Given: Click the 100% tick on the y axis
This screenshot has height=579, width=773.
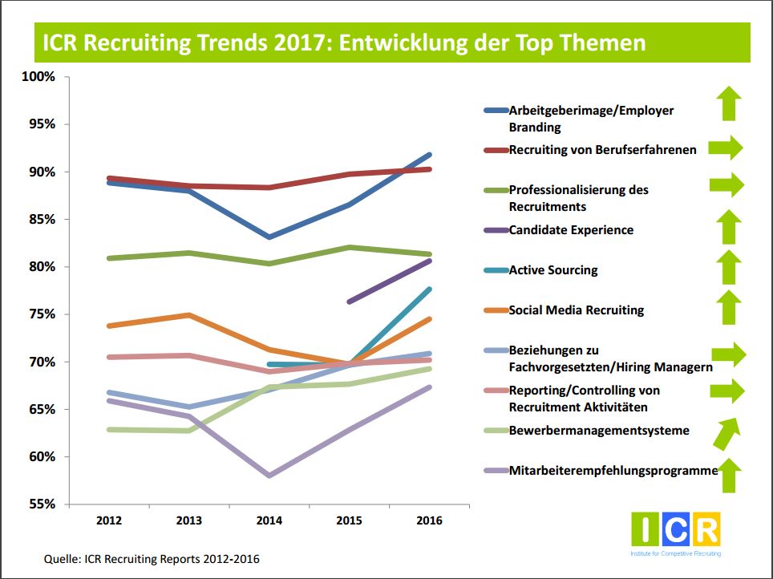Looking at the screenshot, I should [x=40, y=77].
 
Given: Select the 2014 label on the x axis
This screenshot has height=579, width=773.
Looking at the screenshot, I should [x=269, y=520].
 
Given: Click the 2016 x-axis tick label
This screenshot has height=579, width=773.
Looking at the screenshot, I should [x=430, y=520].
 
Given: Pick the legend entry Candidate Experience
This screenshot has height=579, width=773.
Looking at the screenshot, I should [x=571, y=230].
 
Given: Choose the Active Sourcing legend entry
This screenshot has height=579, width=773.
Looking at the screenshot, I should [x=553, y=270].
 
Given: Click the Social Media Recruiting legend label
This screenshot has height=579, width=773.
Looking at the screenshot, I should [x=577, y=310].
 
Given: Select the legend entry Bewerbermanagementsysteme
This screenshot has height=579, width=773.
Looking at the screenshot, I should [x=599, y=431].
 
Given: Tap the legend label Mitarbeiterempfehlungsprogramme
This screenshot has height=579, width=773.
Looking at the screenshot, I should [x=613, y=471].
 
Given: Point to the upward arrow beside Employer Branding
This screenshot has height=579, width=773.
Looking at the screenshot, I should [x=728, y=103].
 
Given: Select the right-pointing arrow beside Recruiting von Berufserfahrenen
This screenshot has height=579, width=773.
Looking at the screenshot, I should [x=726, y=148].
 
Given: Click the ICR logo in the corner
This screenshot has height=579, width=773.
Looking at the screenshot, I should [x=675, y=531].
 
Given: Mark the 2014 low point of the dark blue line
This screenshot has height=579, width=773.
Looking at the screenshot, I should [x=269, y=237].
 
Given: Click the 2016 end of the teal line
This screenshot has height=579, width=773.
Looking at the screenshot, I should [x=430, y=289].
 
